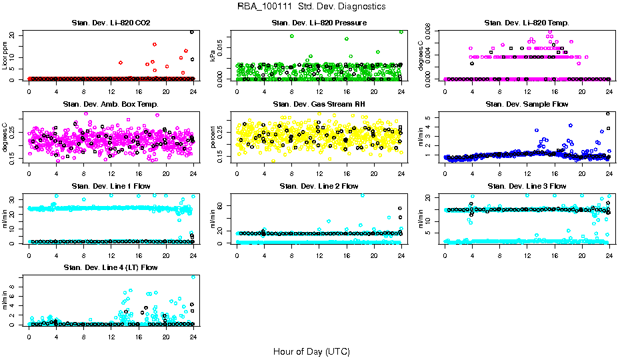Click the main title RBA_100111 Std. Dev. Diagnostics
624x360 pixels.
pos(311,6)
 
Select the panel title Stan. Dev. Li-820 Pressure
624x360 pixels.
pos(319,23)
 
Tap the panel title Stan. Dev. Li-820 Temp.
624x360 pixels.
pos(527,23)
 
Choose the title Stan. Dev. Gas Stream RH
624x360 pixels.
pos(319,105)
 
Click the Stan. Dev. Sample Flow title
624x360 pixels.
pos(527,105)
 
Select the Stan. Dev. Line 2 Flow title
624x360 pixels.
pos(319,186)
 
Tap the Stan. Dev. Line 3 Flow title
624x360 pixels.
pos(527,186)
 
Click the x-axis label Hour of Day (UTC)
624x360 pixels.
pos(311,351)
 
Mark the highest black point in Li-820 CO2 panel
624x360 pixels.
pos(192,32)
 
